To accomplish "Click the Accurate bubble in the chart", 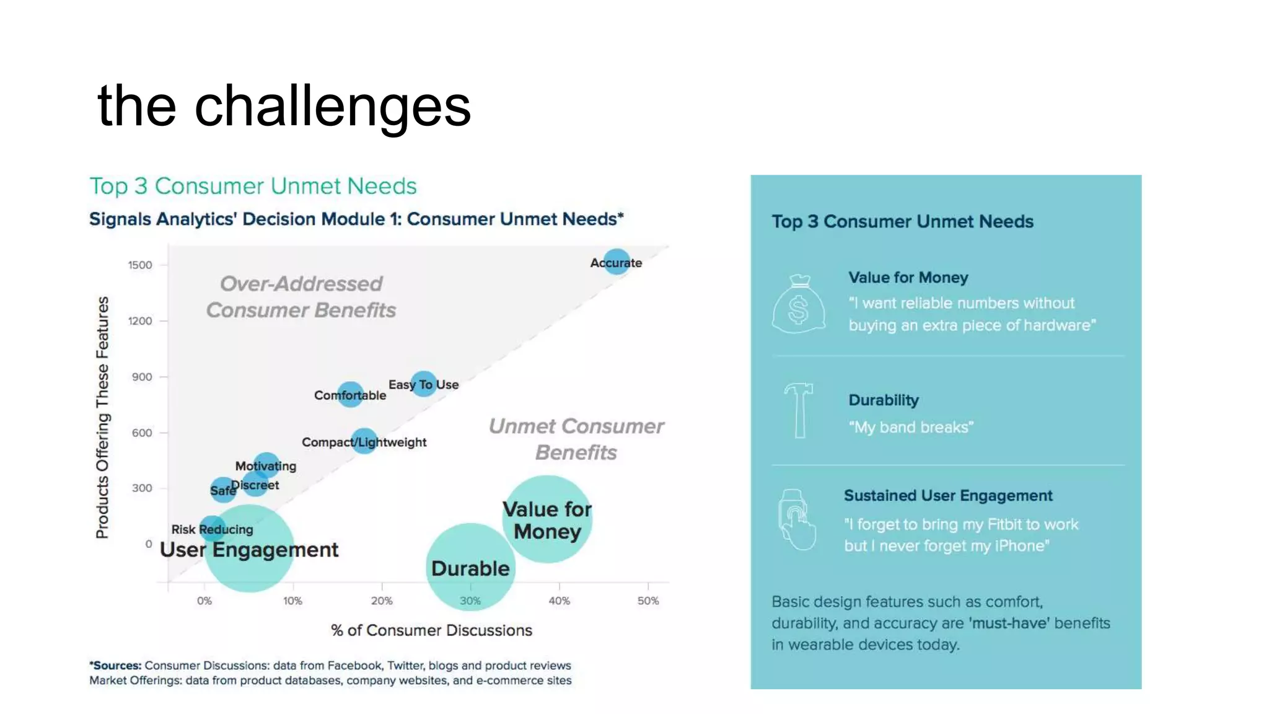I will pos(617,262).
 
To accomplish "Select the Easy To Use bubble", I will pos(424,384).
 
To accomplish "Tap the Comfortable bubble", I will pos(351,394).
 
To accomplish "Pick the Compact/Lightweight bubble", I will pos(364,441).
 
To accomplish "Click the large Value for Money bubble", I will pos(547,519).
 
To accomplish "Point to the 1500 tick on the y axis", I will pos(140,265).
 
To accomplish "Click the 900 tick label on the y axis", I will pos(141,377).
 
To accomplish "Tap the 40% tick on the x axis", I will pos(559,601).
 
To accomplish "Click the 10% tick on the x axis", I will pos(292,601).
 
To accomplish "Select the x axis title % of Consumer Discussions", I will pos(431,630).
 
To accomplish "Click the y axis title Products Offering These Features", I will pos(102,417).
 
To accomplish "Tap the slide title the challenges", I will pos(284,105).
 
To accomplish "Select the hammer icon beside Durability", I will pos(799,410).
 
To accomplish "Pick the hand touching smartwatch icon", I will pos(797,519).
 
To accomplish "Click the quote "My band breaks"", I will pos(911,427).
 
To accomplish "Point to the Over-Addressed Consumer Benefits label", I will pos(301,296).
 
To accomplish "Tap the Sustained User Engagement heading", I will pos(947,496).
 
